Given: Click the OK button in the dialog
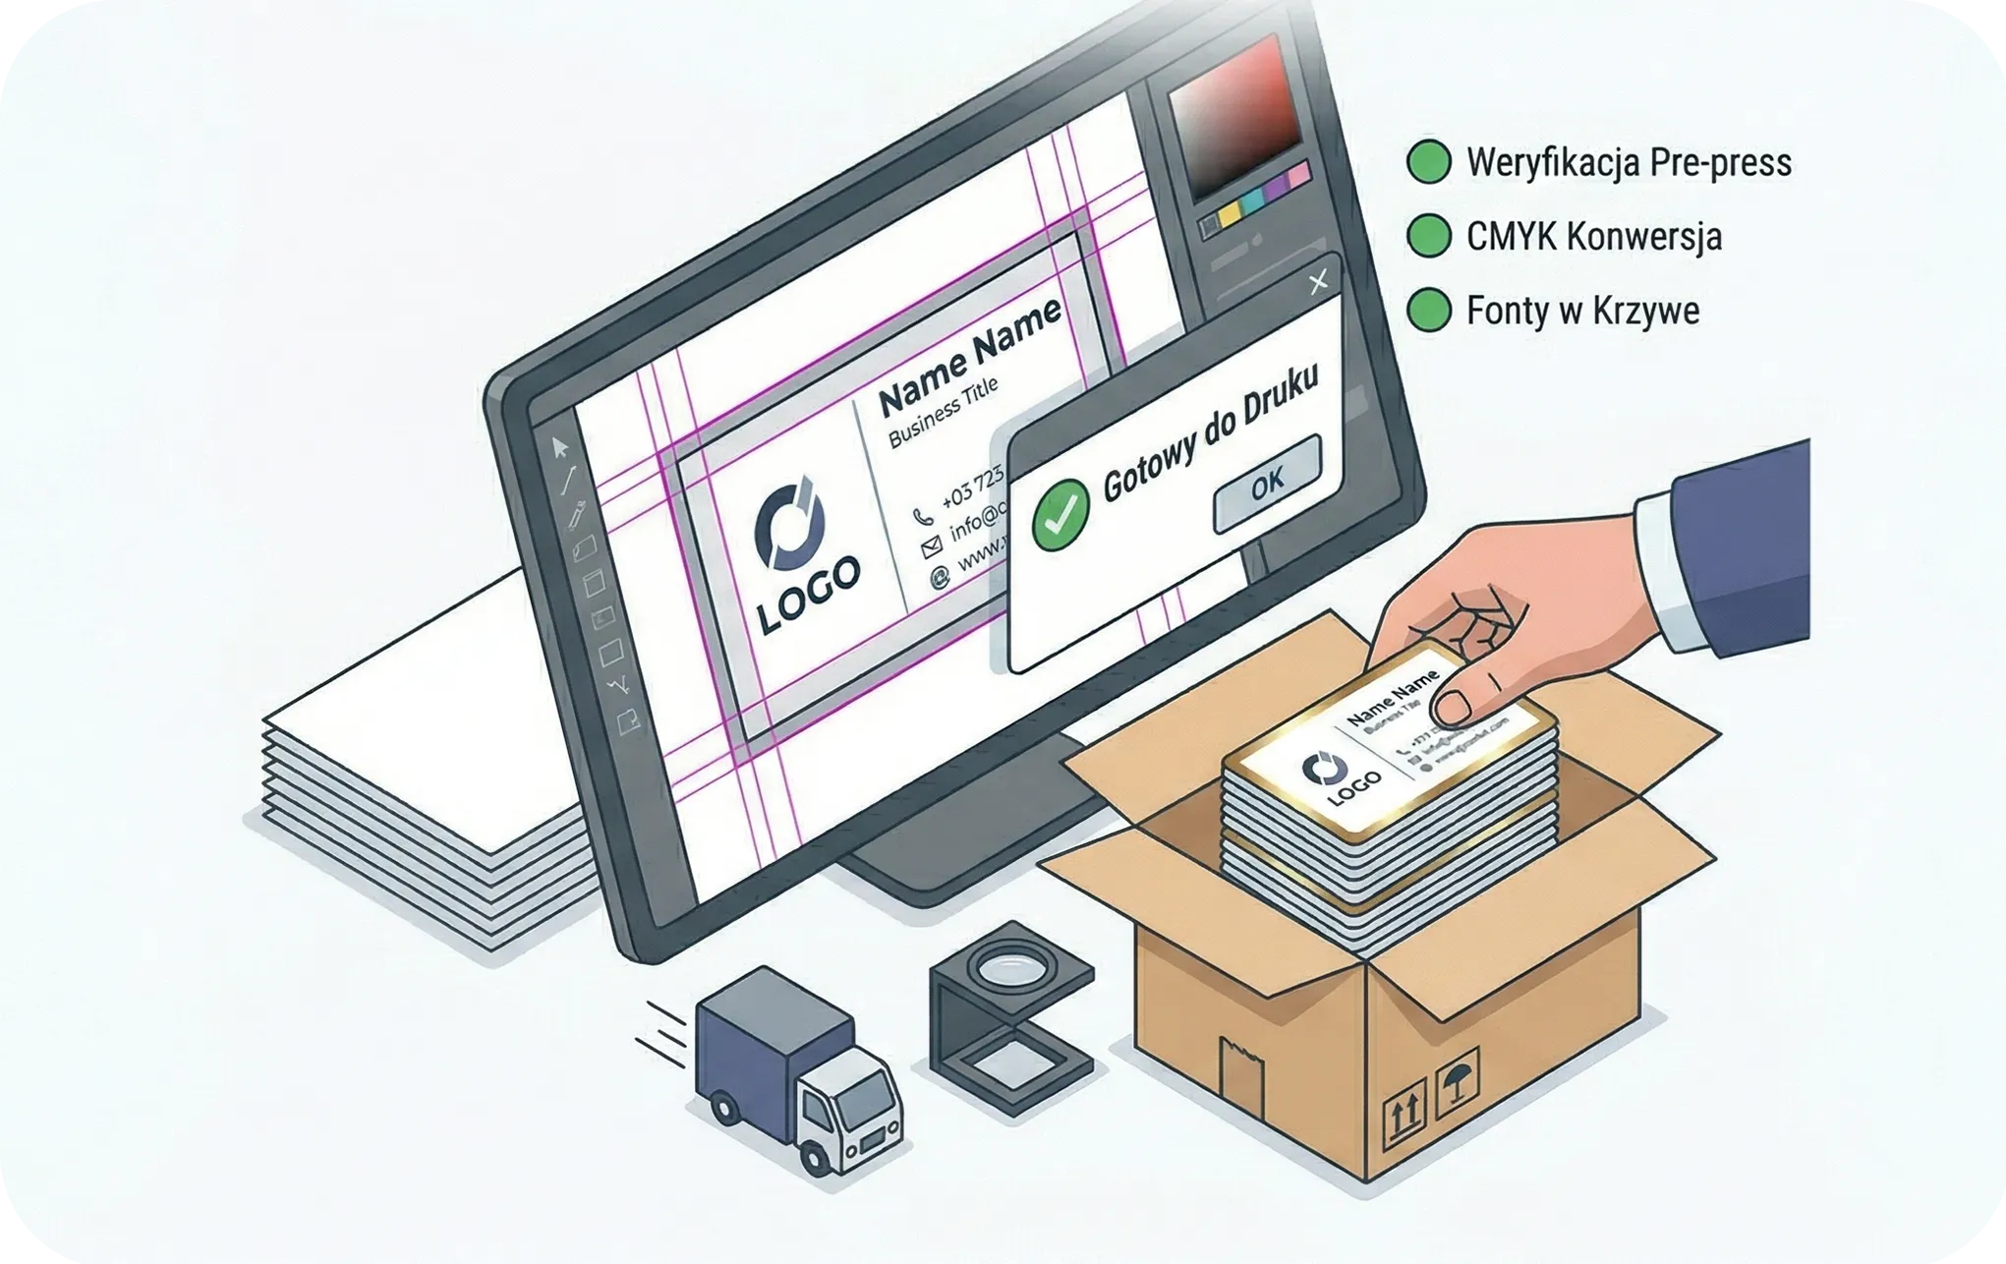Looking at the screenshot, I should (x=1267, y=483).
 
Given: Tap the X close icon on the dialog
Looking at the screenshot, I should (x=1318, y=282).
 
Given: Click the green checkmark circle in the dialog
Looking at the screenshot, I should (x=1060, y=514).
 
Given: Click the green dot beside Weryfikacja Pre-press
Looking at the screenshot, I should (x=1428, y=162).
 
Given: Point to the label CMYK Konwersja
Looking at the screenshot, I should (x=1593, y=237).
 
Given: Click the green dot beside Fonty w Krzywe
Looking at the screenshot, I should (x=1428, y=311).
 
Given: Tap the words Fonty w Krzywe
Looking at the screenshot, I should (x=1582, y=311).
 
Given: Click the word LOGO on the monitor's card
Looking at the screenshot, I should (x=809, y=594).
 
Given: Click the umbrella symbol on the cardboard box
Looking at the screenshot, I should (x=1456, y=1082).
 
